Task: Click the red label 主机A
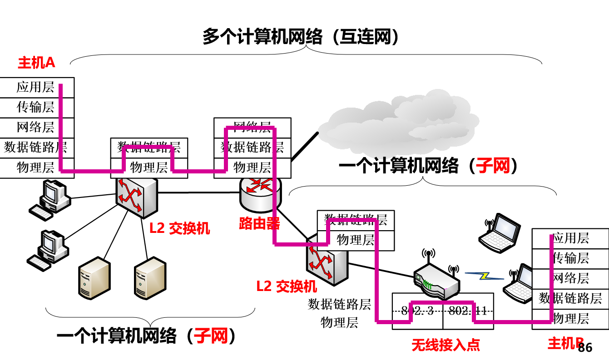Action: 36,63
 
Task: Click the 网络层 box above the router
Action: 252,127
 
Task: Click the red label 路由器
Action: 259,223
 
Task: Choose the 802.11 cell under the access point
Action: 468,311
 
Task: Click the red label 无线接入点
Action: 446,345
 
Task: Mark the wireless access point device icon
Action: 436,279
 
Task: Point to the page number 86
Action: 585,348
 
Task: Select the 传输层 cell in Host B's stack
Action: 570,258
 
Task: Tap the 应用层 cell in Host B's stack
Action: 570,238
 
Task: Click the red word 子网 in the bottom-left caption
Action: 211,336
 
